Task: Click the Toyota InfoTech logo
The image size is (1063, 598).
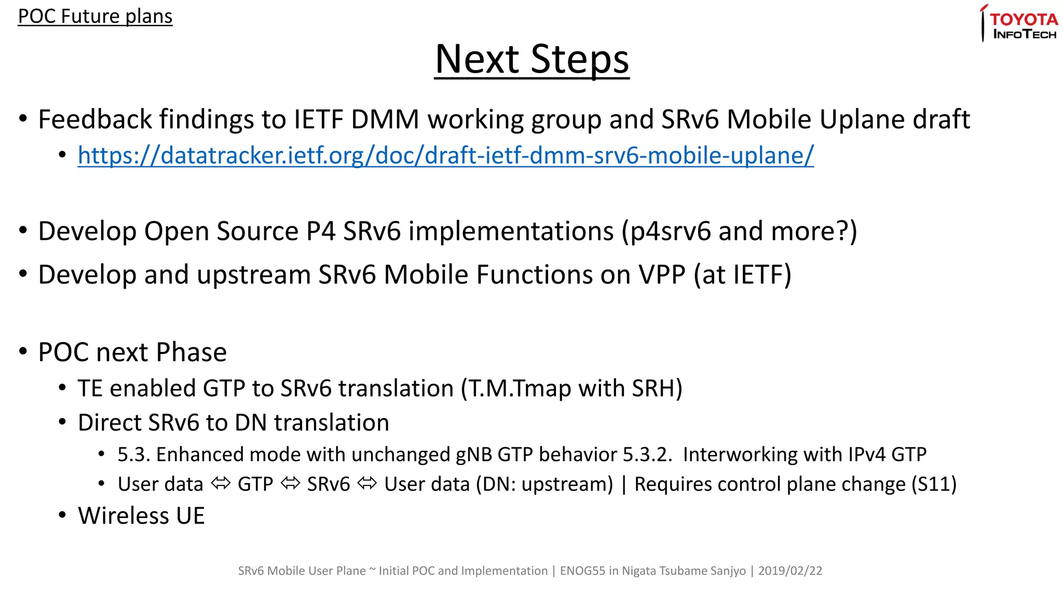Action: tap(1020, 24)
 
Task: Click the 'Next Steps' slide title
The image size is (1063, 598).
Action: tap(531, 59)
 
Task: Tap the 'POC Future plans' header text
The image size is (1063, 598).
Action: tap(95, 16)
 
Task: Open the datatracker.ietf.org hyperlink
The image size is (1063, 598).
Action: tap(445, 155)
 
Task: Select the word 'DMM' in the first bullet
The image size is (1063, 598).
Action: tap(385, 119)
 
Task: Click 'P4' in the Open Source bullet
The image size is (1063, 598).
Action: tap(320, 231)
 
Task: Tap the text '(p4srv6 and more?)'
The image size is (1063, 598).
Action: tap(740, 231)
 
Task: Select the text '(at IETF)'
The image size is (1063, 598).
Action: tap(742, 275)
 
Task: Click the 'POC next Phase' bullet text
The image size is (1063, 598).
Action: tap(132, 352)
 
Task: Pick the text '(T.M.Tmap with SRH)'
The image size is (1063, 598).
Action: tap(571, 388)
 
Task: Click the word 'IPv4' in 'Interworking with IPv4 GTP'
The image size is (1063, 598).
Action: tap(866, 455)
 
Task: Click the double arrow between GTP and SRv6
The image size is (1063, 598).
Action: tap(290, 484)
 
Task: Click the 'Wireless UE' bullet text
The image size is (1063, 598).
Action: tap(141, 516)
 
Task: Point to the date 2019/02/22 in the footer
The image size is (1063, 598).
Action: tap(790, 571)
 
